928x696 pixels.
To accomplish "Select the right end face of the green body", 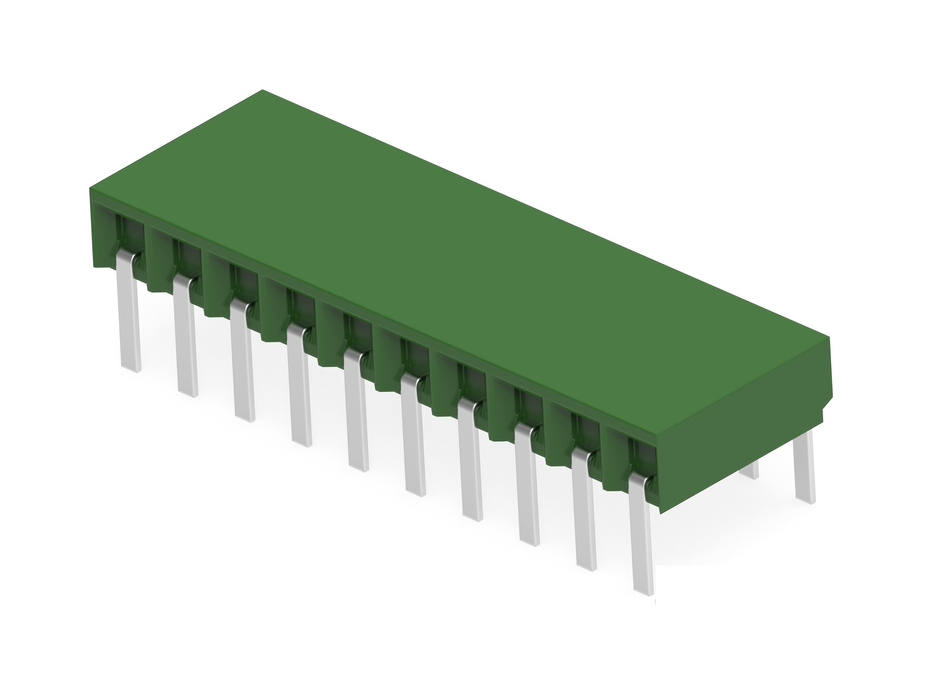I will tap(743, 420).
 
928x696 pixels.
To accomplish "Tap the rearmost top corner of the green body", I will tap(263, 90).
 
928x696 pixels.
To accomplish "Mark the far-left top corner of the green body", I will tap(90, 188).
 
